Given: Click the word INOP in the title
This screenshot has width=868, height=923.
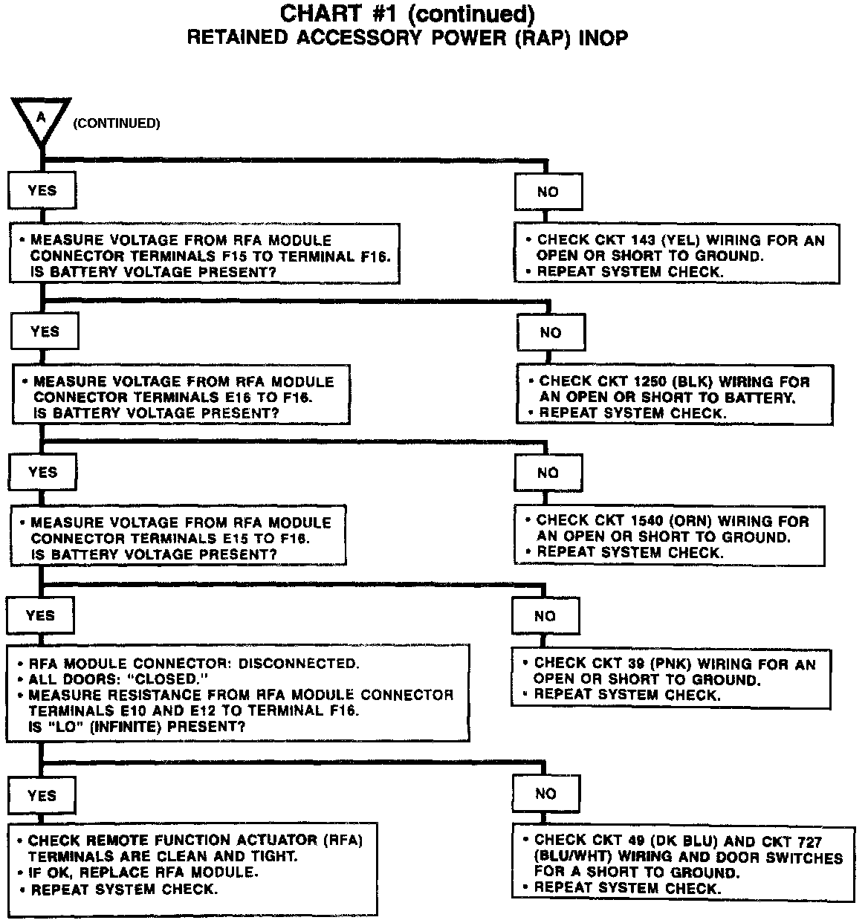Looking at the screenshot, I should (x=600, y=38).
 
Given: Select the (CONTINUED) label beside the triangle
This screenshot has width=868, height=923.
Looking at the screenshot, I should (x=116, y=123).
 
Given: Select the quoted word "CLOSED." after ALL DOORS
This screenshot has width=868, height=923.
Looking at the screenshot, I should (x=171, y=679).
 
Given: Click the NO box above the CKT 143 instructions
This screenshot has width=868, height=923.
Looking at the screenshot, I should (x=548, y=192).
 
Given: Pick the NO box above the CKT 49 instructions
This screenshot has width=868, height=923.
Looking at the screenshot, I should (x=545, y=794).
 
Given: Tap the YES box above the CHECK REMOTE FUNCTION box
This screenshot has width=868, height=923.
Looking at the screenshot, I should (x=42, y=795).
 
